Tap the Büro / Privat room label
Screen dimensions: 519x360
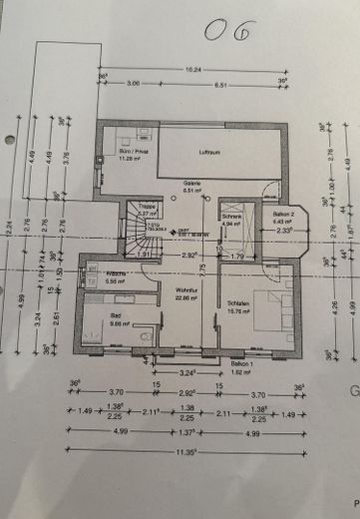pyautogui.click(x=120, y=151)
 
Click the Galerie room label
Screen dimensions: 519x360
pyautogui.click(x=192, y=184)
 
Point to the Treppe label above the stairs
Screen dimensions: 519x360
pyautogui.click(x=146, y=207)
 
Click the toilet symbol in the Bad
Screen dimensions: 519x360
pyautogui.click(x=147, y=336)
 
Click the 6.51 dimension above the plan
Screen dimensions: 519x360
pyautogui.click(x=221, y=85)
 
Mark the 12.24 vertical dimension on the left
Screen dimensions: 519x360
pyautogui.click(x=10, y=231)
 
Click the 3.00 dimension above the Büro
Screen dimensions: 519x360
pyautogui.click(x=133, y=85)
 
